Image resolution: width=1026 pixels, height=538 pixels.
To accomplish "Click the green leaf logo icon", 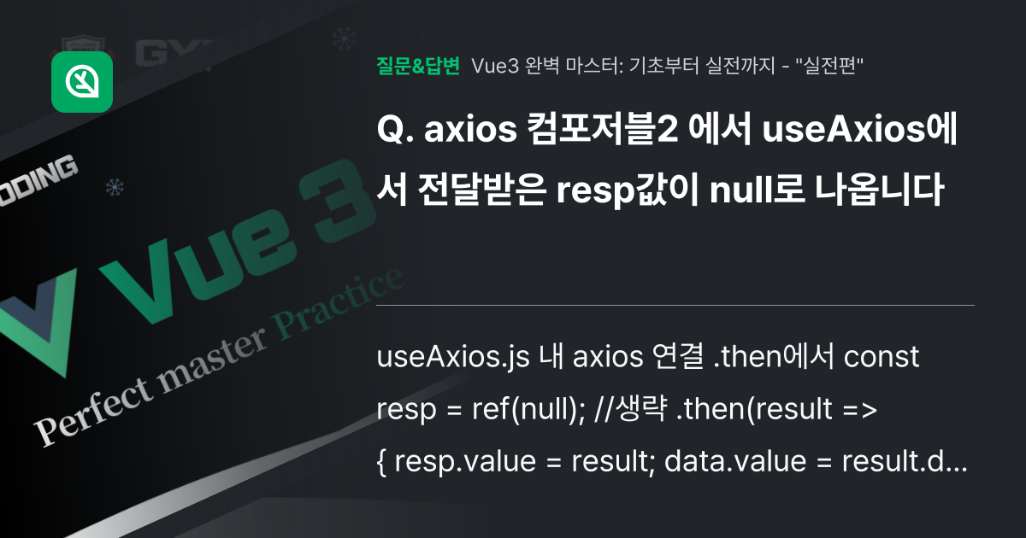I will [x=82, y=82].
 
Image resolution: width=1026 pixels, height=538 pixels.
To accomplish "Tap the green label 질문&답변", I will [x=417, y=66].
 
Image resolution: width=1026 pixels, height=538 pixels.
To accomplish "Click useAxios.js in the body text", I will [x=451, y=357].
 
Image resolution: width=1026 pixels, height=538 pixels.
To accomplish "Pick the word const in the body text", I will [x=882, y=357].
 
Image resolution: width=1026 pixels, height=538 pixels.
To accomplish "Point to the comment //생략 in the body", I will [x=630, y=411].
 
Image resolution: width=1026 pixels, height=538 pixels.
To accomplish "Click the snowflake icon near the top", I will [x=344, y=38].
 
